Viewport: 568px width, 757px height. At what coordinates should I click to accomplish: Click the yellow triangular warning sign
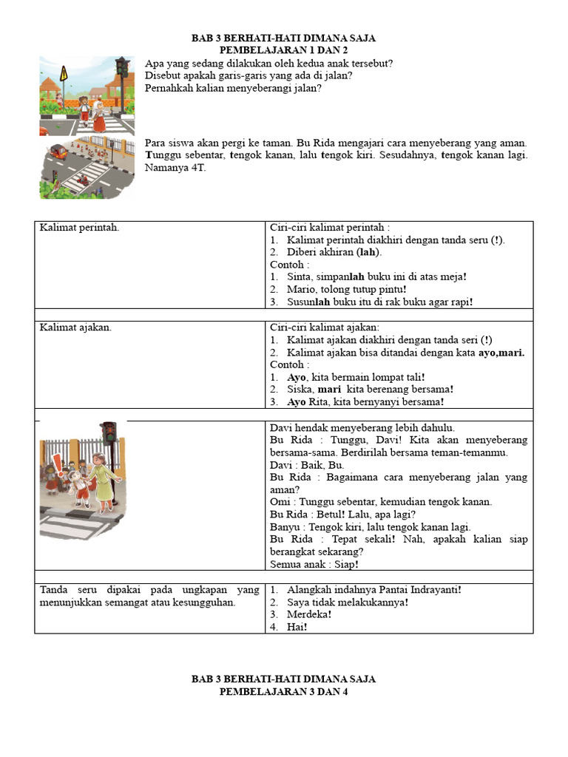[x=63, y=75]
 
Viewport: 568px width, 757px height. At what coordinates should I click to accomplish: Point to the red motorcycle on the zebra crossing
[x=87, y=176]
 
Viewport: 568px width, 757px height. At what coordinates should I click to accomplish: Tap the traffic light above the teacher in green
[x=109, y=433]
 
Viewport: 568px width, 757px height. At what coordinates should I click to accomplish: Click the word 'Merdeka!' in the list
[x=309, y=614]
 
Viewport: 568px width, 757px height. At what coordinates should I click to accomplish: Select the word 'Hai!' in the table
[x=297, y=627]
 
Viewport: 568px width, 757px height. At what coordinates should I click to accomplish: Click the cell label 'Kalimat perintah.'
[x=79, y=228]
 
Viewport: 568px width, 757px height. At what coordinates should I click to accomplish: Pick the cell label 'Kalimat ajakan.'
[x=75, y=327]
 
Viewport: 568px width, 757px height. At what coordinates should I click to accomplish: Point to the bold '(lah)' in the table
[x=368, y=252]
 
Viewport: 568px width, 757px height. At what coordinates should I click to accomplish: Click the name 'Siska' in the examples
[x=300, y=390]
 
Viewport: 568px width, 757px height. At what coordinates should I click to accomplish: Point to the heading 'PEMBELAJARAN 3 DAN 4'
[x=284, y=692]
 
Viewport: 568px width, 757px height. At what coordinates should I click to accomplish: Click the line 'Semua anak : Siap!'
[x=314, y=565]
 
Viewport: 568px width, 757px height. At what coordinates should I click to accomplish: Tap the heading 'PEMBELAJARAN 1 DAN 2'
[x=284, y=50]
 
